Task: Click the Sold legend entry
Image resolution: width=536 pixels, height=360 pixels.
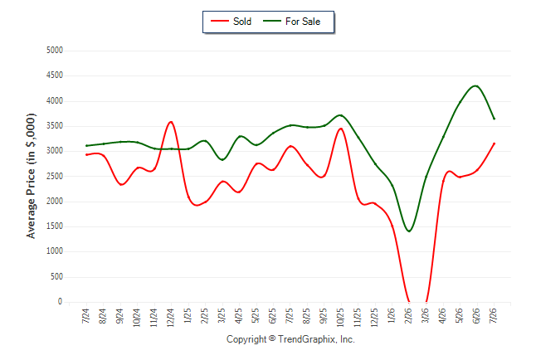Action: (231, 22)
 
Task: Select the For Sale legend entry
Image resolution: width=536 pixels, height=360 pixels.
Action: (291, 22)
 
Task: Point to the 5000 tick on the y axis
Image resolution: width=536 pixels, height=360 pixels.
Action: (55, 51)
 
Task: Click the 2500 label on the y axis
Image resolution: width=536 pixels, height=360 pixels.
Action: (55, 177)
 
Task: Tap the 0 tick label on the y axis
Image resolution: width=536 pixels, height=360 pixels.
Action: (61, 302)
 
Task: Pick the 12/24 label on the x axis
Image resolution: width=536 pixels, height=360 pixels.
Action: (171, 317)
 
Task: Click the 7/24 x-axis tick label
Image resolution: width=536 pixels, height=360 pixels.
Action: (85, 315)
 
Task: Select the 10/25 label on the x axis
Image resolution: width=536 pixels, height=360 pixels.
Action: (341, 317)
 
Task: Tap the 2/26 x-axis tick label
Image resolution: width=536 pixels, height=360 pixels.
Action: (409, 315)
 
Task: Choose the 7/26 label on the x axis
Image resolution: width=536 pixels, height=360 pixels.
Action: (494, 315)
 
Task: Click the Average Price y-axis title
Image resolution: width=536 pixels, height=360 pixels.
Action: (31, 176)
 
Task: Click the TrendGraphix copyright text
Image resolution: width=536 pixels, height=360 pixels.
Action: (290, 339)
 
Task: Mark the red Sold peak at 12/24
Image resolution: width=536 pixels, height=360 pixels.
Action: (171, 122)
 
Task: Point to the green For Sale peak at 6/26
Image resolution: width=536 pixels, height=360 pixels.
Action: (475, 85)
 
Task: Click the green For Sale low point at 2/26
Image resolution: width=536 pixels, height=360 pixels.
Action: (409, 231)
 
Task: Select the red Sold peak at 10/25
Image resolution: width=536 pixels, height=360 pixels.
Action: (340, 129)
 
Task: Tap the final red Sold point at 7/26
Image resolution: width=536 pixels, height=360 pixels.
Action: (494, 144)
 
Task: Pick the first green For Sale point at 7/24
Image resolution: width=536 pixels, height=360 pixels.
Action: (86, 146)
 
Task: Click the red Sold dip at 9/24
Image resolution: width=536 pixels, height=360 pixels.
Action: (121, 185)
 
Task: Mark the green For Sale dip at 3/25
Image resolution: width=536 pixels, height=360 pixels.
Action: (222, 159)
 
